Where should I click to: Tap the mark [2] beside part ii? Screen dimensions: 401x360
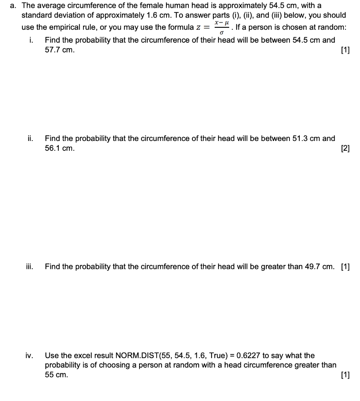(x=346, y=148)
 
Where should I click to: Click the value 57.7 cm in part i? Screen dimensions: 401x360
(x=59, y=50)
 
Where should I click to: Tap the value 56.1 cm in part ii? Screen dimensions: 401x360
(x=59, y=148)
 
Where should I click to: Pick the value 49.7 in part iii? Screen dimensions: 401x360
(x=312, y=267)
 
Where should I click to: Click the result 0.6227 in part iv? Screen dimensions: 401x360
(x=247, y=356)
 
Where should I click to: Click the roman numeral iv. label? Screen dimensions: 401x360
(x=29, y=356)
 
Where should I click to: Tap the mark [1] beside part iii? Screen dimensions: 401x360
(x=346, y=267)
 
